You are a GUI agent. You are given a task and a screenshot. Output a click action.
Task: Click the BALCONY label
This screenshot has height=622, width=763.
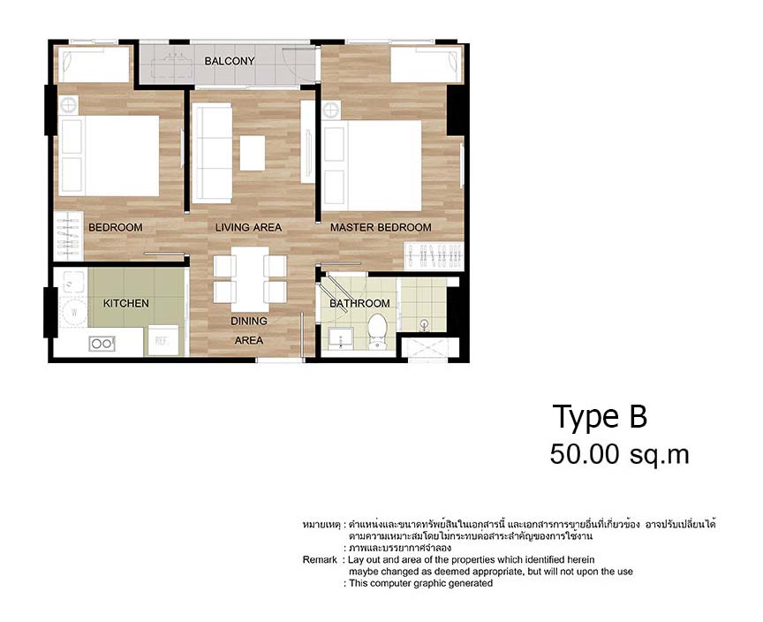[x=229, y=61]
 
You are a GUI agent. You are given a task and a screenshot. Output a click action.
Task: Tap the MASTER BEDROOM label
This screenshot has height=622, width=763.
[x=381, y=227]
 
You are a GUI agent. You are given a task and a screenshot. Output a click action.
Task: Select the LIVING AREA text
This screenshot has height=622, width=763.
[x=248, y=227]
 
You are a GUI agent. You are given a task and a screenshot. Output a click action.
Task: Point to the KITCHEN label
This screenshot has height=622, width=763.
[x=126, y=303]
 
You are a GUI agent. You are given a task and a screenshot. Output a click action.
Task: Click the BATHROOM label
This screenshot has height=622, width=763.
[x=359, y=303]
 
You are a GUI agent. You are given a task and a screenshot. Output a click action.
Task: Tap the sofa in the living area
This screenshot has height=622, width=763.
[x=210, y=153]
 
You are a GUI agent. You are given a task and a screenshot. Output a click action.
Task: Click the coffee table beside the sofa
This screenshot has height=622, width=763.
[x=252, y=152]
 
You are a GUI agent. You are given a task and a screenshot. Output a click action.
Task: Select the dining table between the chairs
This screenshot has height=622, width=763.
[x=250, y=277]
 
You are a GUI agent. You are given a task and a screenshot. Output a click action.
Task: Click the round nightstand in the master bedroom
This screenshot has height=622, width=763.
[x=331, y=110]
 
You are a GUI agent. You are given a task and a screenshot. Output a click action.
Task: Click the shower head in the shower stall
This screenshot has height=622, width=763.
[x=425, y=323]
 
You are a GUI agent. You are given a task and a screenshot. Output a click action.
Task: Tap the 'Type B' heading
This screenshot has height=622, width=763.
[x=600, y=416]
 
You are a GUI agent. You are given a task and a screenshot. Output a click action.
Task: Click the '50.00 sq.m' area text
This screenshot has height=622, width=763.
[x=618, y=454]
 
